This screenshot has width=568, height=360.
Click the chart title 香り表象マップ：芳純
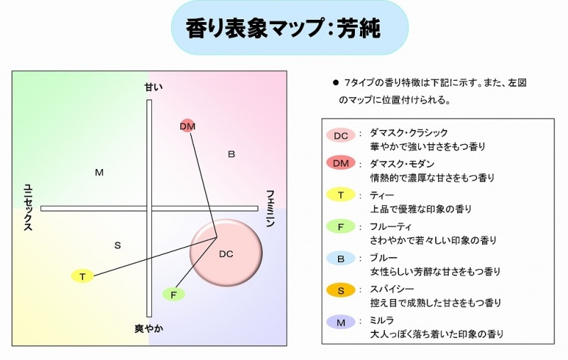(283, 28)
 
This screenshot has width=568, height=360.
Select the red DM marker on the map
(187, 126)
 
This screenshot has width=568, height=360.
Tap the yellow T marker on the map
(82, 276)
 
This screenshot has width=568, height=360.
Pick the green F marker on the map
(173, 295)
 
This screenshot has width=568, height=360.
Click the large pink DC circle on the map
(226, 253)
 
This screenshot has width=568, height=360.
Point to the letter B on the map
(231, 154)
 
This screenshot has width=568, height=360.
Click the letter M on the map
(99, 173)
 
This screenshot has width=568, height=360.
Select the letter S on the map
(117, 246)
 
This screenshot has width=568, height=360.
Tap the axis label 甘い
(153, 87)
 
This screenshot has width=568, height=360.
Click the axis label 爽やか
(149, 329)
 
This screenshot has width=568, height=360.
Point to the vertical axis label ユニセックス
(28, 207)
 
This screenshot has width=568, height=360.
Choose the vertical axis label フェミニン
(271, 208)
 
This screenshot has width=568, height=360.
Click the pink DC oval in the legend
(341, 136)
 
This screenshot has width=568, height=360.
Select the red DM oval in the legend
(341, 163)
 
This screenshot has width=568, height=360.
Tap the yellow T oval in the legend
(341, 195)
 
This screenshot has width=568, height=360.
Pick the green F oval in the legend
(341, 227)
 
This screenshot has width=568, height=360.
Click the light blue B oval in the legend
(341, 258)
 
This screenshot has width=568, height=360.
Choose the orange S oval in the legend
(341, 290)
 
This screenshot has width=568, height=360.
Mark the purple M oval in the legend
(341, 322)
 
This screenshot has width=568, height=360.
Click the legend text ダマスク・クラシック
(409, 133)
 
